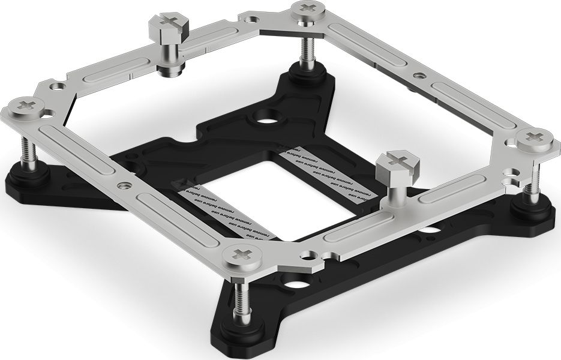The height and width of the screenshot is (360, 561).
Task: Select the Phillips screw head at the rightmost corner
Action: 536,140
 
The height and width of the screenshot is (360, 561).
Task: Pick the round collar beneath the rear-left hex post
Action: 171,67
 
